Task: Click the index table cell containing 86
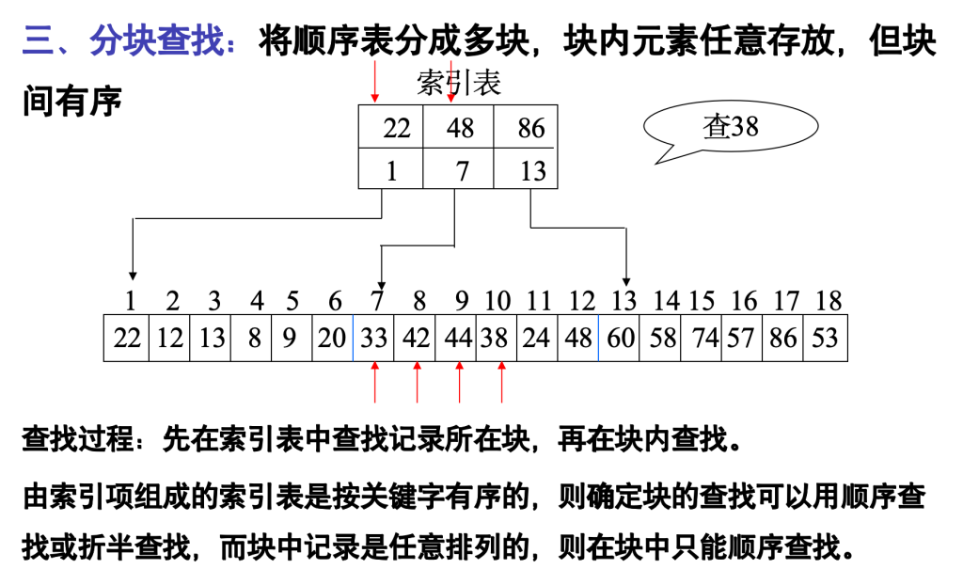529,128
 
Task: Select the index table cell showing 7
459,170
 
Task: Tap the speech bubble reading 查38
730,127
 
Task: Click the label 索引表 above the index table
459,83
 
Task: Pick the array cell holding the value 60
620,338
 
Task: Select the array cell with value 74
702,338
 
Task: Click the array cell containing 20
332,338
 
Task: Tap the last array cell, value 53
825,338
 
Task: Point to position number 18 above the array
828,302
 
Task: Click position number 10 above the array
496,302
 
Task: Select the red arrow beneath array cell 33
374,384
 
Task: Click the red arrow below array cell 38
501,384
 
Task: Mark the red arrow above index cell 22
375,81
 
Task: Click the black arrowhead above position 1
134,275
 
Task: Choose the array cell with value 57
741,338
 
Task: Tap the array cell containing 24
536,338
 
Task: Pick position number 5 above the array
292,302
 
